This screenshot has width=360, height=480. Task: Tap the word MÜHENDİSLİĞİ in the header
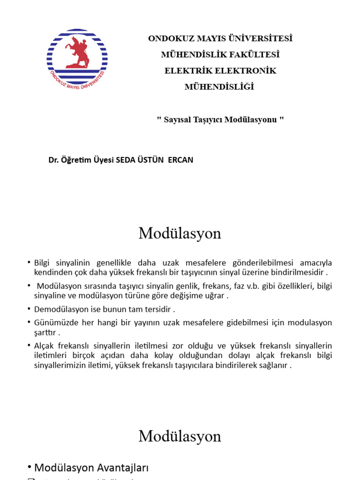pyautogui.click(x=219, y=87)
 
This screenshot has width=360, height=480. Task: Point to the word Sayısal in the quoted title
pyautogui.click(x=177, y=120)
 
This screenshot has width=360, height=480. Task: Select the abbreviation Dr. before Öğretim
pyautogui.click(x=53, y=160)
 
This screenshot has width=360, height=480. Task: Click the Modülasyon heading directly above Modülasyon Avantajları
pyautogui.click(x=180, y=436)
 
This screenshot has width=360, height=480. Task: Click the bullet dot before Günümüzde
pyautogui.click(x=29, y=323)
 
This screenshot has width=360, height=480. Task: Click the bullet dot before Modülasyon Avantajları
pyautogui.click(x=29, y=467)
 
